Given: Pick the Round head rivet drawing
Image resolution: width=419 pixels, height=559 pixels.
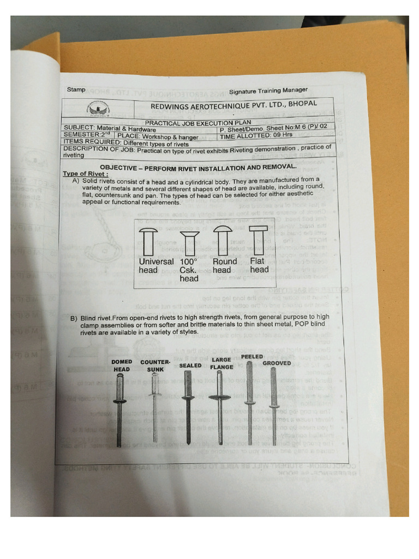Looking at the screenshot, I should point(222,239).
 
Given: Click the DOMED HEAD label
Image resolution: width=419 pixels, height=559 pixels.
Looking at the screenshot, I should point(121,365).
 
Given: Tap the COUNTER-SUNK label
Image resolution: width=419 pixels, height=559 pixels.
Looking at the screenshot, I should point(155,365).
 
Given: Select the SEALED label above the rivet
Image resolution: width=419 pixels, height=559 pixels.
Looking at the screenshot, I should point(190,365).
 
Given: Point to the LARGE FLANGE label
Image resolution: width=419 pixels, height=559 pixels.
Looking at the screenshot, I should point(222,363).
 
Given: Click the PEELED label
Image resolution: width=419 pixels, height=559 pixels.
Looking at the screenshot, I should point(252,356).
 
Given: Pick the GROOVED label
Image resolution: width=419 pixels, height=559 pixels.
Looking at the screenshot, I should point(277,363).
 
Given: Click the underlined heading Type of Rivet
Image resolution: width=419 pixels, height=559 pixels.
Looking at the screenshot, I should point(83,174).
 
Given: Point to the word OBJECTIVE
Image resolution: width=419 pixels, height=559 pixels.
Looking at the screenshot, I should point(118,168).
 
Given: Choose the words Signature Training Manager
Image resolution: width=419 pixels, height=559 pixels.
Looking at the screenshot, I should point(268,91).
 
